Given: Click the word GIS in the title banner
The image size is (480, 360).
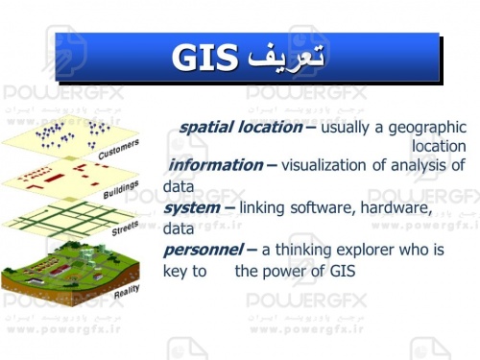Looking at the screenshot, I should pyautogui.click(x=204, y=59).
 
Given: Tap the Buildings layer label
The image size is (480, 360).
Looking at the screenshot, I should pyautogui.click(x=121, y=189).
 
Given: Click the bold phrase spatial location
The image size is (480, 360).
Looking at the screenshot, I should pyautogui.click(x=240, y=127).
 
